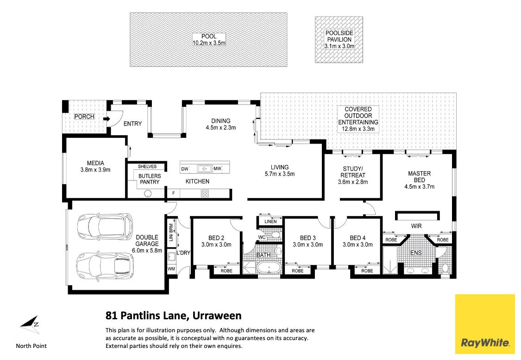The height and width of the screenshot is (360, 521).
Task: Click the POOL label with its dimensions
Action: pos(209,40)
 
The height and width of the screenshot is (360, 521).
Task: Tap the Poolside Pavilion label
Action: pos(339,40)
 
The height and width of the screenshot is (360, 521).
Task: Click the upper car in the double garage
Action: pos(104,226)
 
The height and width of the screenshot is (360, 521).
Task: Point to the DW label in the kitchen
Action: pos(184,169)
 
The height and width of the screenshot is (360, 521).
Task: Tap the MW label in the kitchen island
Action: pos(217,169)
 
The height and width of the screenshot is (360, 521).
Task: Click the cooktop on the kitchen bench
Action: pos(204,194)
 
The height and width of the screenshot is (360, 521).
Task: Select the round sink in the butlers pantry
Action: pos(147,194)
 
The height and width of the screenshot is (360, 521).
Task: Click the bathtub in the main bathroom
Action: pos(269,269)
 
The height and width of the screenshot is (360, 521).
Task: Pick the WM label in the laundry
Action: pos(171,269)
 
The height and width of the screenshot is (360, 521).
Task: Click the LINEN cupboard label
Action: pos(270,222)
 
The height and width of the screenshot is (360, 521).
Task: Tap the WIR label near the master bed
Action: pos(416,226)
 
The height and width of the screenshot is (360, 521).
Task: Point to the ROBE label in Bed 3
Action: pos(297,271)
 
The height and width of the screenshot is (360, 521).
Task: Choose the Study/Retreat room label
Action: pos(353,175)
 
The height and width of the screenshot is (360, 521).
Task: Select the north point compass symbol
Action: pos(30,324)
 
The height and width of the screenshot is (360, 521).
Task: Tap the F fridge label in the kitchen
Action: pos(173,194)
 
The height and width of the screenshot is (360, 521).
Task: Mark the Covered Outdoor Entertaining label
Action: pos(358,119)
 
